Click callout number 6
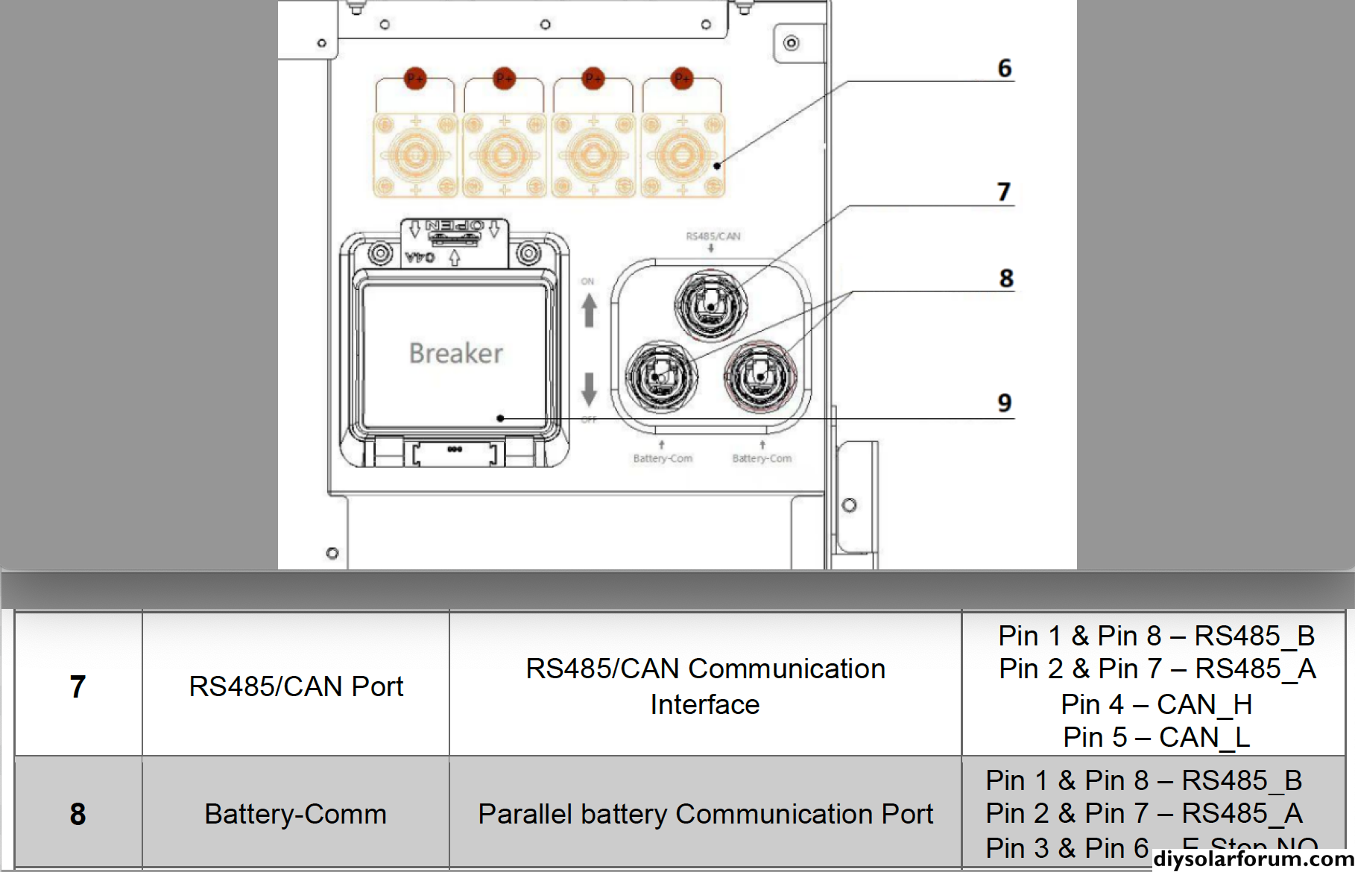click(x=1005, y=69)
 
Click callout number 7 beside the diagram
click(x=1004, y=192)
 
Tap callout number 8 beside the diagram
click(x=1006, y=279)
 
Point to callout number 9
click(x=1005, y=403)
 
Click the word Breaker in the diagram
click(x=456, y=353)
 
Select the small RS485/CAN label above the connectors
click(x=713, y=236)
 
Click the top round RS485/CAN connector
click(x=710, y=304)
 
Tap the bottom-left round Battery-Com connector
click(x=661, y=376)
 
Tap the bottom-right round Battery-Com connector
click(x=761, y=376)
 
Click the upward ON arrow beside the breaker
click(x=589, y=310)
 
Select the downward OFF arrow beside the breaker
click(x=589, y=389)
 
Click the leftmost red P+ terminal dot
click(x=415, y=78)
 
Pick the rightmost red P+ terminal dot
click(x=682, y=78)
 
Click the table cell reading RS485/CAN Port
click(x=296, y=686)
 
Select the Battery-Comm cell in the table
click(x=296, y=814)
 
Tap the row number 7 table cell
click(x=78, y=686)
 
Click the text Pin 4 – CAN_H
click(x=1156, y=704)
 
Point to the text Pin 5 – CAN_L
click(x=1156, y=737)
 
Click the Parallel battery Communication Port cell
click(x=705, y=814)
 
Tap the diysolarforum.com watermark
click(x=1253, y=859)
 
